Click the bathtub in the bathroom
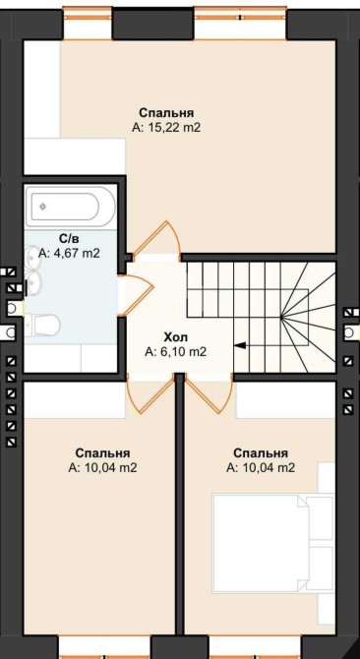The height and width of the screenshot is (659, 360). [x=70, y=207]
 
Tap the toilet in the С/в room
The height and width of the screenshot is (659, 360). [x=42, y=325]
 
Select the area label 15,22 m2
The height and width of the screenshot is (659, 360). [x=166, y=128]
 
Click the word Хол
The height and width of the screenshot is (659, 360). [x=176, y=337]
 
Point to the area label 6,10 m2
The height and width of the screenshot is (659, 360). [x=176, y=352]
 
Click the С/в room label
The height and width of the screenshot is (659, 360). [x=69, y=239]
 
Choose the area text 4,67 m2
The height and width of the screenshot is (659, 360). [x=69, y=254]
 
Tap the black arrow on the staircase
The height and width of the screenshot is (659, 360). [x=240, y=345]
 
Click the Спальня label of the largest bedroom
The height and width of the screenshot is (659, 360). [x=166, y=113]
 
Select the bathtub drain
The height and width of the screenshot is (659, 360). [x=42, y=207]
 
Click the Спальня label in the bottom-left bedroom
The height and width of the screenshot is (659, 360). [x=102, y=453]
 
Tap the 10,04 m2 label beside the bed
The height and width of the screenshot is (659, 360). [x=261, y=468]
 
